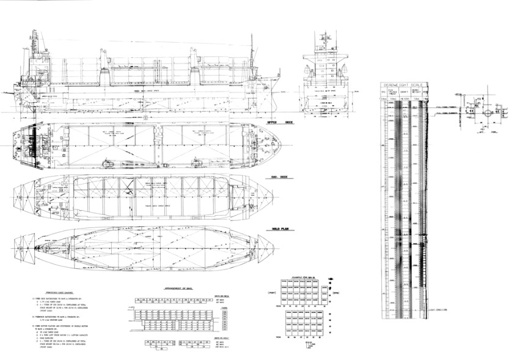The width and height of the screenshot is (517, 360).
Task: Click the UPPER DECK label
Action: coord(268,122)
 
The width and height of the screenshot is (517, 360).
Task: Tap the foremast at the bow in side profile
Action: coord(251,52)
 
